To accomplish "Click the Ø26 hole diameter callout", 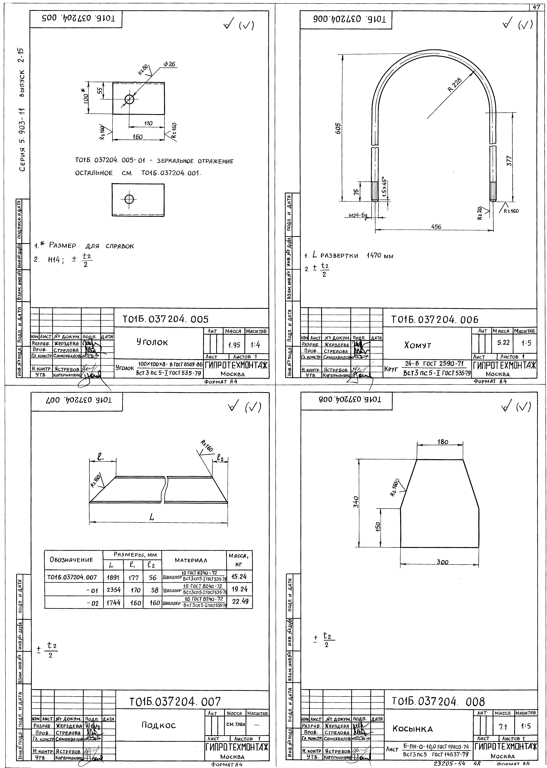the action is [170, 64].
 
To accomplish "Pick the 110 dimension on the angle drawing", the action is [148, 123].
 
